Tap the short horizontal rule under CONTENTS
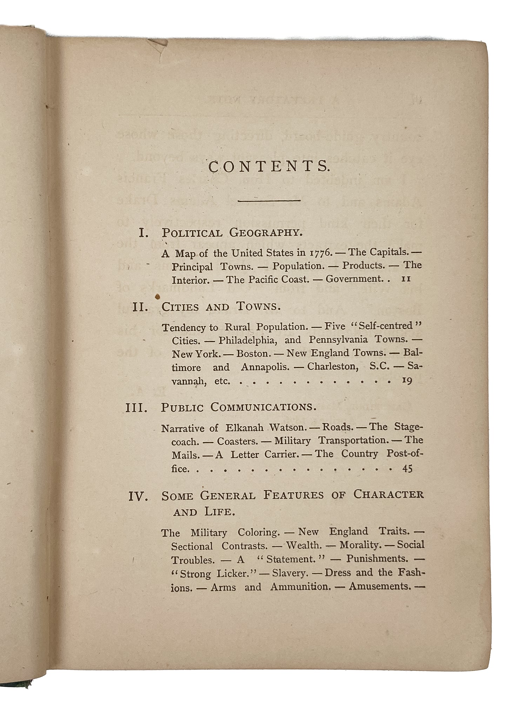click(x=269, y=200)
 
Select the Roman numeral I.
click(x=144, y=233)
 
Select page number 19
click(x=407, y=381)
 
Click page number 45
click(x=407, y=468)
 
